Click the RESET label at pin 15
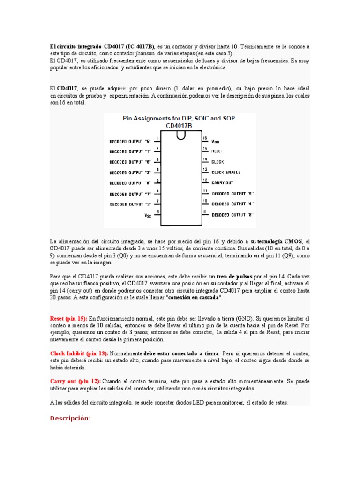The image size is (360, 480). [x=217, y=151]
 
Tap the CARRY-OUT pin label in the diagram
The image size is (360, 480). [x=223, y=182]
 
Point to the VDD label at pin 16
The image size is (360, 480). [x=215, y=141]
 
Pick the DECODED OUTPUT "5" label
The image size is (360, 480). [x=130, y=141]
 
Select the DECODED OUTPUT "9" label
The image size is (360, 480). [x=233, y=193]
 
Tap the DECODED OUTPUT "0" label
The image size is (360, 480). [x=130, y=162]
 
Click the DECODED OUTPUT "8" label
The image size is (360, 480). [x=233, y=215]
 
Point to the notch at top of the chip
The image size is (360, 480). [x=180, y=135]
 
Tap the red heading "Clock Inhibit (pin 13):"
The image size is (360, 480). [x=79, y=353]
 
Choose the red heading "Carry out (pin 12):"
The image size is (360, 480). [x=75, y=381]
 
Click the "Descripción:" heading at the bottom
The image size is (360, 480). [x=70, y=418]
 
